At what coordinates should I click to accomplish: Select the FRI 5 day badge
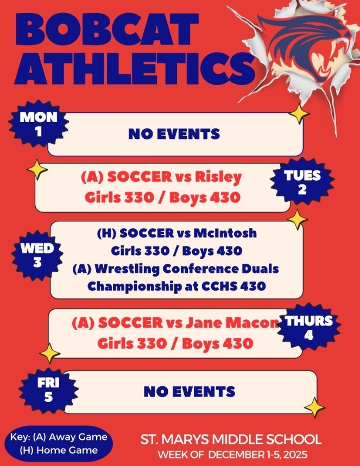coord(48,390)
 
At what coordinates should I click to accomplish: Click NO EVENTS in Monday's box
coord(174,133)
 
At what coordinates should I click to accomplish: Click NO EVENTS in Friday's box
coord(189,391)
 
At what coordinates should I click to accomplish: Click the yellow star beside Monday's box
coord(297,113)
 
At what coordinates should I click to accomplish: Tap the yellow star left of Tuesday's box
coord(37,169)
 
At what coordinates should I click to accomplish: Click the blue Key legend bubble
coord(59,443)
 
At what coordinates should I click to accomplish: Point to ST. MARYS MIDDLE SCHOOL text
coord(231,439)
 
